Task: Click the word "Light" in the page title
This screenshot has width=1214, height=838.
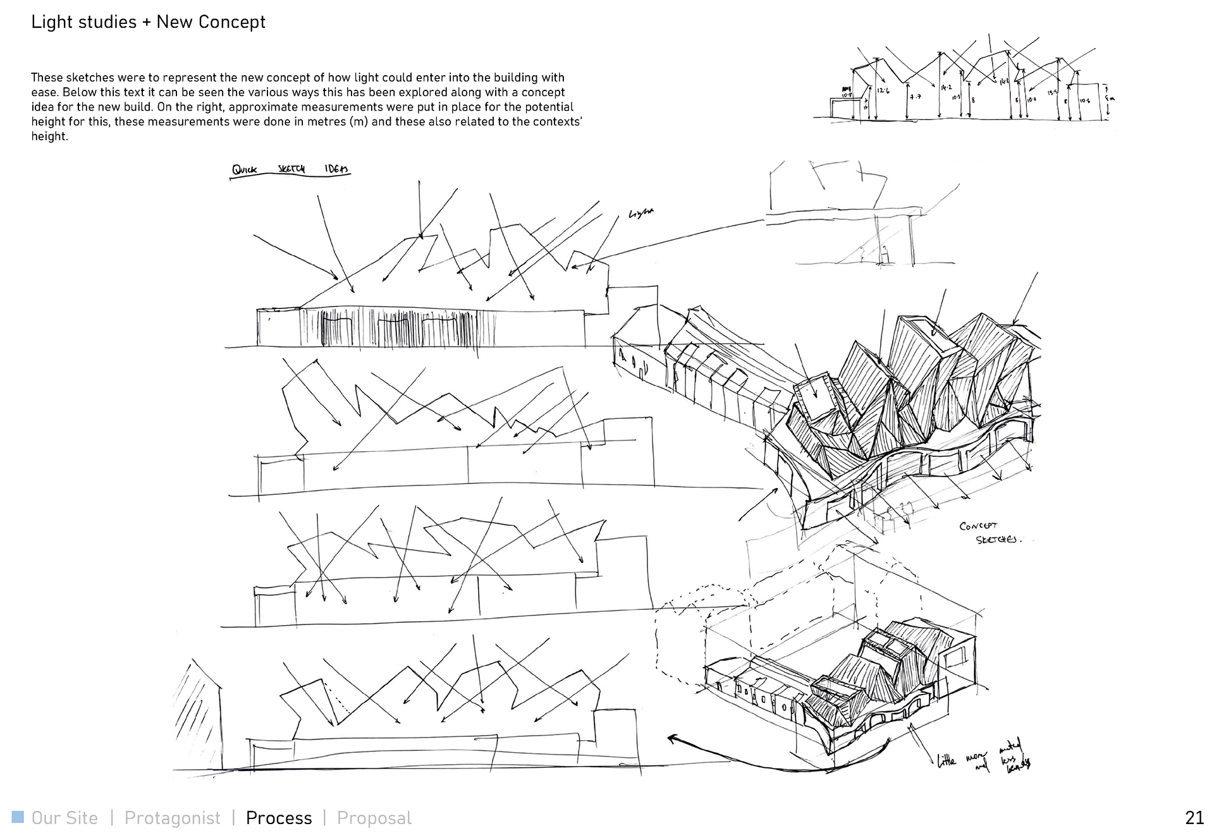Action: pos(52,22)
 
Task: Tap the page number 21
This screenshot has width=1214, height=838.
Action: pos(1194,818)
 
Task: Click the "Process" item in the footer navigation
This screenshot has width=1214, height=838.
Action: pos(279,818)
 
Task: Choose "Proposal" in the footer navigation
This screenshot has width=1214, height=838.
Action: pos(374,818)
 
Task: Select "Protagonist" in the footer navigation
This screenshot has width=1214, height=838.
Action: pos(172,818)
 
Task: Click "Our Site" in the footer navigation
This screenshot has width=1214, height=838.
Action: pos(64,818)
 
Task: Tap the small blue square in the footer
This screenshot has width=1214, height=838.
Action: pos(18,817)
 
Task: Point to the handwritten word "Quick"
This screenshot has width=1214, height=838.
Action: pos(245,170)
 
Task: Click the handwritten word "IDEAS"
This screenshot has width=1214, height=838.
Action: pos(336,169)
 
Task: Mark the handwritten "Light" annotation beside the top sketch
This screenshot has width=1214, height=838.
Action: pos(641,214)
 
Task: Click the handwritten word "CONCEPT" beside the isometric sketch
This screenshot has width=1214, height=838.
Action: pos(978,526)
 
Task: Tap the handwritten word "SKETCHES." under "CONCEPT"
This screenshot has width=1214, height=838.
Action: pos(998,540)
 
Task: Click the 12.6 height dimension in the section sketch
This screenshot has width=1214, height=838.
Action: pos(883,91)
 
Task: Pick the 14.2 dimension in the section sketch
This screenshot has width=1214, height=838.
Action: pos(946,87)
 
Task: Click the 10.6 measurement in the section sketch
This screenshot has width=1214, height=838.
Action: pos(1084,100)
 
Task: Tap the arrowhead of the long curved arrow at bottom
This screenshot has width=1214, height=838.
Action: pos(672,738)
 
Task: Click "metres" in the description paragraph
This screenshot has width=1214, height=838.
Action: pos(328,121)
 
